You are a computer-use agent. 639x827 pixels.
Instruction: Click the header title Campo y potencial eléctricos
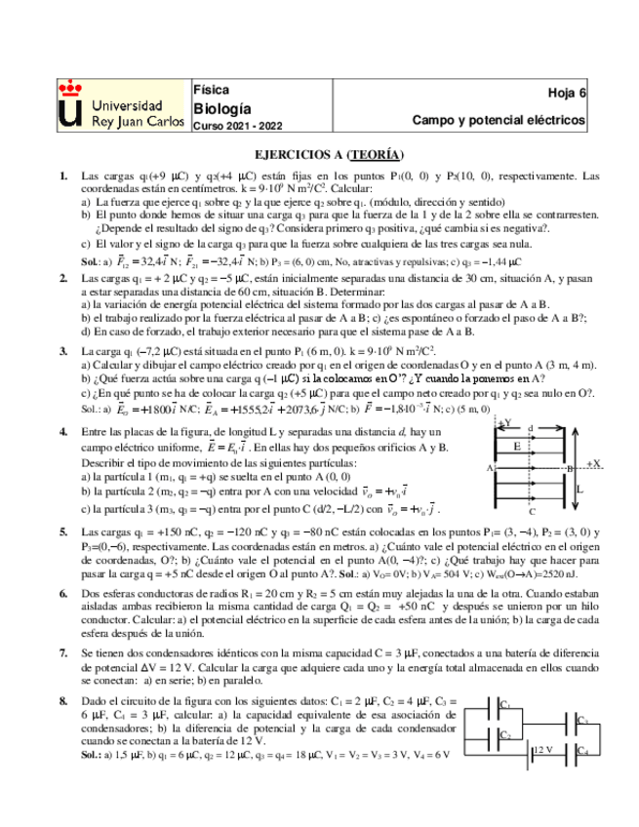point(499,121)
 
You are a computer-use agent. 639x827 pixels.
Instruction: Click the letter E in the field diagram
point(515,448)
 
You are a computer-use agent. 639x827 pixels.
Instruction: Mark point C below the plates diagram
point(531,511)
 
